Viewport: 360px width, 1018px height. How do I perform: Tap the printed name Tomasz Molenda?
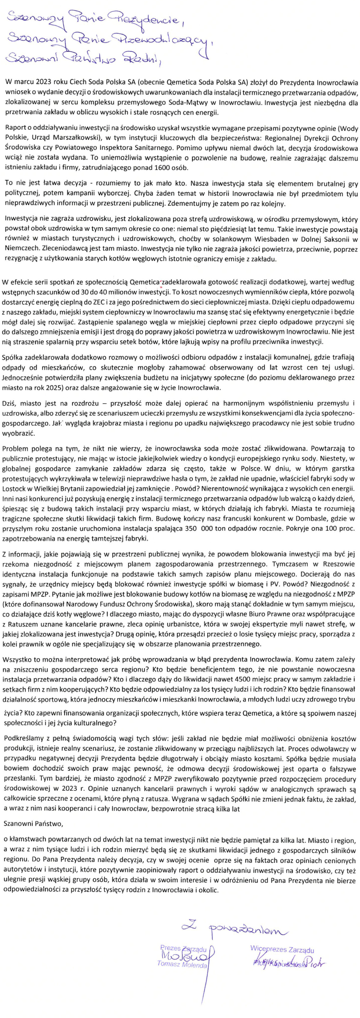coord(182,965)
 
